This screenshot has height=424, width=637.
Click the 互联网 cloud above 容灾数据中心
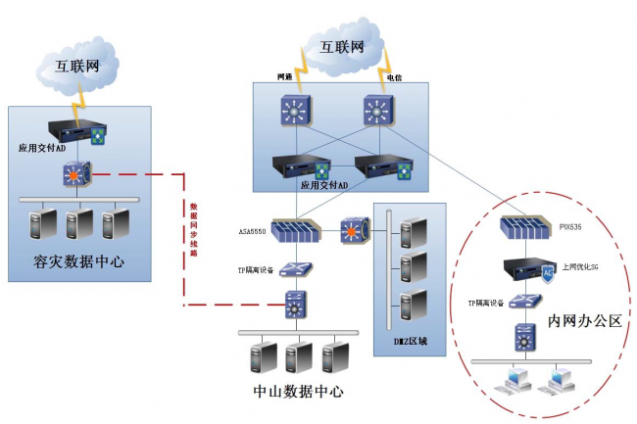[x=77, y=67]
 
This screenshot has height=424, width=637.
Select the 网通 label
[x=285, y=76]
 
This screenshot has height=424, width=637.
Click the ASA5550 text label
[x=252, y=233]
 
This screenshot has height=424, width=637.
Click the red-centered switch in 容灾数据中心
[x=76, y=175]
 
